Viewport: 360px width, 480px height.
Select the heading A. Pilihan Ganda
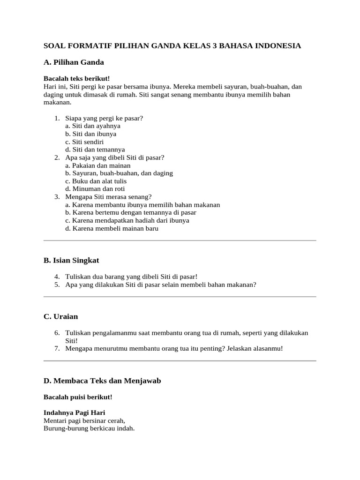74,62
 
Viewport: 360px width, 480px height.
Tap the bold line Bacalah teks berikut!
76,79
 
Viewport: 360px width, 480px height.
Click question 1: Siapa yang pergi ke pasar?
104,118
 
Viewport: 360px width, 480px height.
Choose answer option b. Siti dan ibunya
91,134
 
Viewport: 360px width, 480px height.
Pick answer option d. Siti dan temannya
95,150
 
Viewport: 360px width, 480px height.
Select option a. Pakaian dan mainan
98,165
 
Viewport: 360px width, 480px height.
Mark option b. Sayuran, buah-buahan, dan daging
119,173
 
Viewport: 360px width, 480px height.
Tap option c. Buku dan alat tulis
96,181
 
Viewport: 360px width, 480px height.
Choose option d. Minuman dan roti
95,189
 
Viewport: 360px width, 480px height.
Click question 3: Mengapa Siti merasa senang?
108,197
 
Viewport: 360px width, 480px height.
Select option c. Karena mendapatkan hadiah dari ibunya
127,220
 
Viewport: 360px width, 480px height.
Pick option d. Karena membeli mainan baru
112,228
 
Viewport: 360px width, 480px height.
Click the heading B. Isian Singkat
71,260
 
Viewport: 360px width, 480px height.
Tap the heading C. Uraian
61,316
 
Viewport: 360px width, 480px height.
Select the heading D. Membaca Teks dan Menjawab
102,381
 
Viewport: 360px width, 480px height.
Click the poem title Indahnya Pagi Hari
74,412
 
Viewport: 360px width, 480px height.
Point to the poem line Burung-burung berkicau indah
89,428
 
